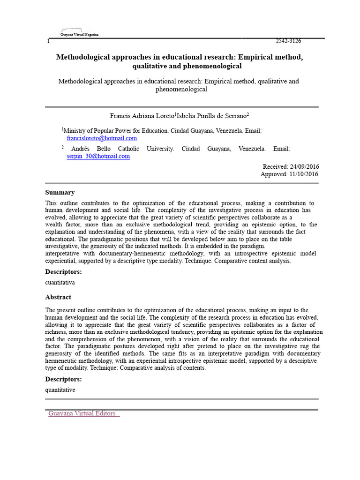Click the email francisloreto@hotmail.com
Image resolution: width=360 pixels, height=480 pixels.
102,138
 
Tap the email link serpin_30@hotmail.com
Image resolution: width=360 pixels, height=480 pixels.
98,156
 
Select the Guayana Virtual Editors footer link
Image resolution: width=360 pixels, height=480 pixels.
82,413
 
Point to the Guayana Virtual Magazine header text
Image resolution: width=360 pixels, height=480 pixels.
79,35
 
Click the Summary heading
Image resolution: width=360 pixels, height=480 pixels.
60,193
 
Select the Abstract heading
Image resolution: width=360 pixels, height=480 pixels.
58,297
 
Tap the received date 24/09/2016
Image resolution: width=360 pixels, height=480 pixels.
305,166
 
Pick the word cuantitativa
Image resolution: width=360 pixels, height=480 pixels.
60,283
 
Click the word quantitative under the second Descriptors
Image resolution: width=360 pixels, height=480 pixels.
60,390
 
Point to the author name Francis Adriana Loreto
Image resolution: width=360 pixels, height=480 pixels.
142,116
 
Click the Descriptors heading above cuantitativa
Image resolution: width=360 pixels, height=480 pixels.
63,272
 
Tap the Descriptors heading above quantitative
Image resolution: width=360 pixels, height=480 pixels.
63,379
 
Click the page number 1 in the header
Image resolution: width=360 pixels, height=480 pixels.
48,42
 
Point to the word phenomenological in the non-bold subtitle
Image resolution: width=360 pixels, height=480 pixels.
181,89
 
